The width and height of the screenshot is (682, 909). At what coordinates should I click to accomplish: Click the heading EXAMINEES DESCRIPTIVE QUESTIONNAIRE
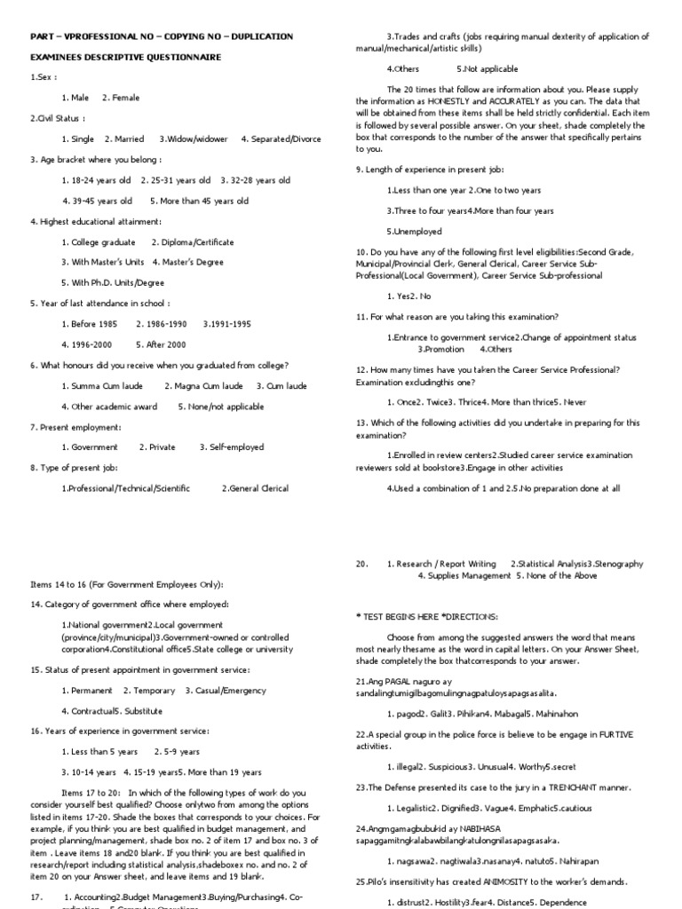coord(125,57)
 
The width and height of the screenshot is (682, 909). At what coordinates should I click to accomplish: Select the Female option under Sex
coord(121,98)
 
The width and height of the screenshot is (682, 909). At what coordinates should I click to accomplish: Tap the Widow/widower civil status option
coord(193,139)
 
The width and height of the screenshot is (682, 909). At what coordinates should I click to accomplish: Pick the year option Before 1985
coord(90,324)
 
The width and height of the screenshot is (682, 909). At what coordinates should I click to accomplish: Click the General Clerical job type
coord(255,488)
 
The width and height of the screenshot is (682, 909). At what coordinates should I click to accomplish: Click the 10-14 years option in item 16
coord(91,771)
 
